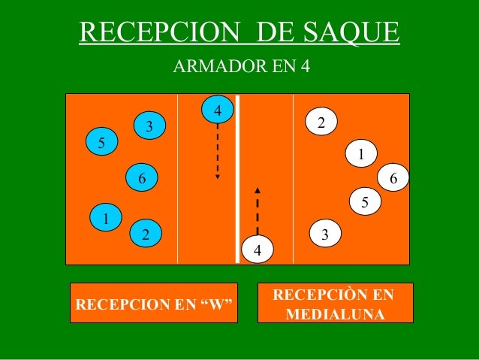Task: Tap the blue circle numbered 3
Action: pos(149,126)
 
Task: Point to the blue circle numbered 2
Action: pos(146,234)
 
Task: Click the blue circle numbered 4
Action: pos(217,110)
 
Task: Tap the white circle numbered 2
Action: pos(321,122)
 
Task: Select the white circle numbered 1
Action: pos(361,155)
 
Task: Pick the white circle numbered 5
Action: pos(365,201)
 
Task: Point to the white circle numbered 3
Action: pos(324,234)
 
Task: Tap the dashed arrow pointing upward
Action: pos(258,210)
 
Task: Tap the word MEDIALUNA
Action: pos(334,313)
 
